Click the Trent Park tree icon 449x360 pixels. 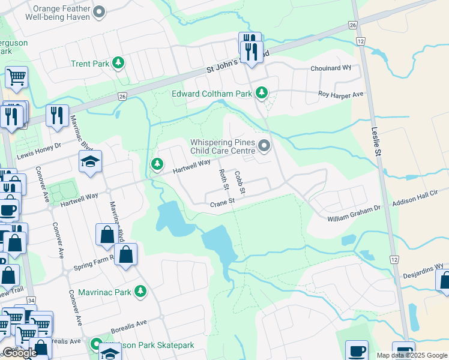118,62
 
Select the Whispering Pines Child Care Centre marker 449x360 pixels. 264,146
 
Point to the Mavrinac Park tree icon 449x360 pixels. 140,292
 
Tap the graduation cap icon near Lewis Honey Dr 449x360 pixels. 90,161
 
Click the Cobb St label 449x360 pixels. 241,182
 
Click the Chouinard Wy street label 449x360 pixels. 330,68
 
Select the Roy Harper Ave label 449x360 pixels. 341,95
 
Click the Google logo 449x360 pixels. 19,353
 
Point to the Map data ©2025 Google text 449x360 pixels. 412,355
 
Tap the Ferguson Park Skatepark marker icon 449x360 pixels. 95,345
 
